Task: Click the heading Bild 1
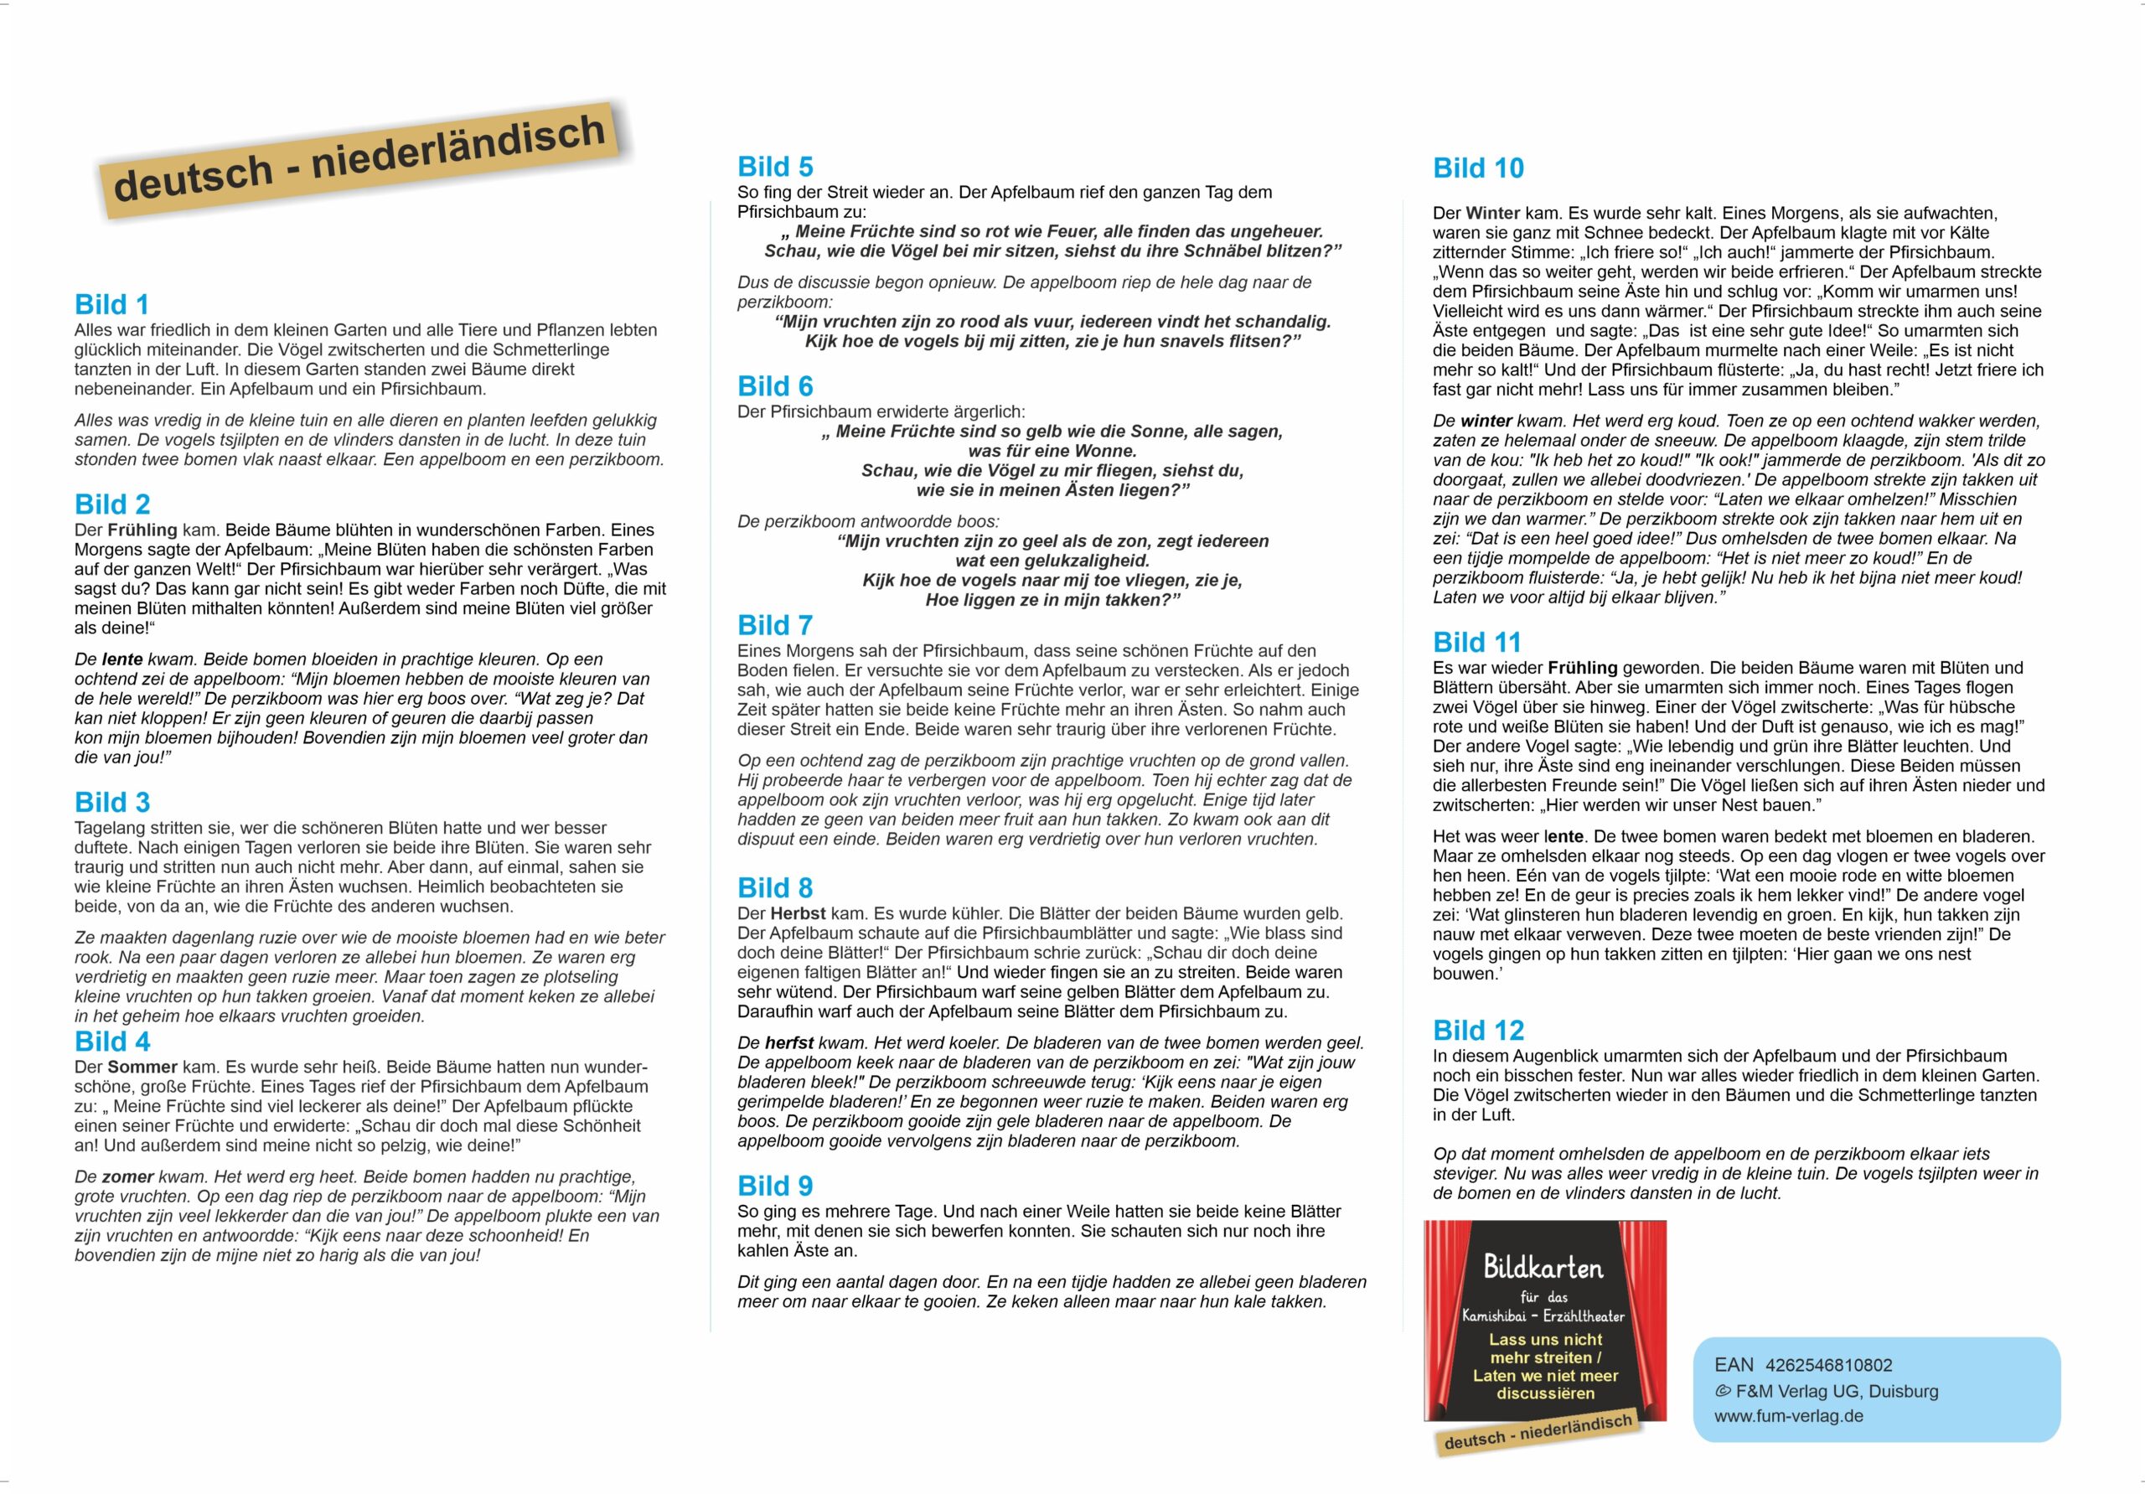pos(111,305)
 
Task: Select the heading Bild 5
pos(774,168)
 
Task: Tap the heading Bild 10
pos(1478,168)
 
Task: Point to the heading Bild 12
pos(1478,1031)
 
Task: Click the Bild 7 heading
pos(774,625)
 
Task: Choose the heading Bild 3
pos(112,803)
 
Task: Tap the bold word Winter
pos(1494,213)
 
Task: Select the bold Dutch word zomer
pos(127,1177)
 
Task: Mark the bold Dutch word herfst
pos(789,1042)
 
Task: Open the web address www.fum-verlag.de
pos(1788,1415)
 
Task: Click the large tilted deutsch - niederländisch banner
pos(359,159)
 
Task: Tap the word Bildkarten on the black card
pos(1543,1268)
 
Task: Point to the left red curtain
pos(1444,1317)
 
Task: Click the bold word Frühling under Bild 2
pos(142,530)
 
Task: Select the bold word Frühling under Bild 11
pos(1583,668)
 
